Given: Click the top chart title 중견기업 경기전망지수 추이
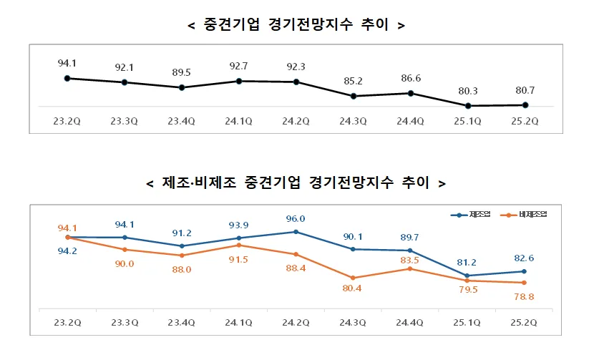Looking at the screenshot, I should (x=296, y=26).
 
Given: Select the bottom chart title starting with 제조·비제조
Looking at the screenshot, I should (x=296, y=183).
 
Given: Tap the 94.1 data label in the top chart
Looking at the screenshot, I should (x=67, y=63).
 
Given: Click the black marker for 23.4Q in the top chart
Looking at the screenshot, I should (x=182, y=88).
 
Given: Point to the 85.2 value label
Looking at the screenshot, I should (x=354, y=80).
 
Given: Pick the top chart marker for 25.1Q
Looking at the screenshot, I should (x=468, y=106).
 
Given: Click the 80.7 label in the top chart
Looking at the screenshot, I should (x=526, y=91).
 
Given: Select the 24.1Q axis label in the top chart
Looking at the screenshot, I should (x=239, y=121).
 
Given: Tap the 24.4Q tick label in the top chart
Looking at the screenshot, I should (x=411, y=121).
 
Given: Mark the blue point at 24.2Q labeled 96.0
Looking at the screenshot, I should (x=296, y=232).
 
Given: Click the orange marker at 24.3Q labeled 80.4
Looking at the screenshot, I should (x=354, y=278).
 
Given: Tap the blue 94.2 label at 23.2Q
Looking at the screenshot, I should (x=67, y=251).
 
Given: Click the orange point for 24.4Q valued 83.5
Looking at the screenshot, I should (x=411, y=268).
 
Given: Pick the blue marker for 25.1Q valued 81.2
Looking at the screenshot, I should (x=468, y=276).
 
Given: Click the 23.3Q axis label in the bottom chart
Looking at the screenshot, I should (x=125, y=323).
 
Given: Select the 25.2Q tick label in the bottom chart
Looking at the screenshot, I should (x=526, y=323).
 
